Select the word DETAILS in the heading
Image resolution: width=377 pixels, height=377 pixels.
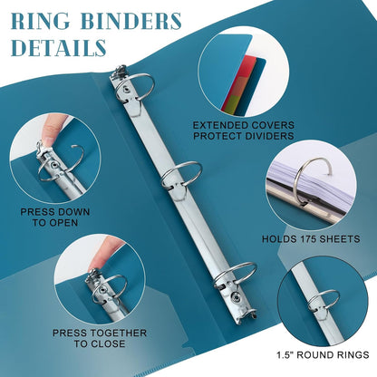[x=59, y=47]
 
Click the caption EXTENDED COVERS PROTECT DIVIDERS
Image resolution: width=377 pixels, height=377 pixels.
[x=244, y=130]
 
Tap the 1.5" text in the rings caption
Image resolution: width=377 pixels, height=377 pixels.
[x=285, y=354]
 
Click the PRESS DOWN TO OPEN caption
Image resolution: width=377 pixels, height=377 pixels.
[x=55, y=217]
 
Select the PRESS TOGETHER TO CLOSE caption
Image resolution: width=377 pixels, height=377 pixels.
[x=100, y=338]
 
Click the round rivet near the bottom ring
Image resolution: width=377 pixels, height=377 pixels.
[x=237, y=298]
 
